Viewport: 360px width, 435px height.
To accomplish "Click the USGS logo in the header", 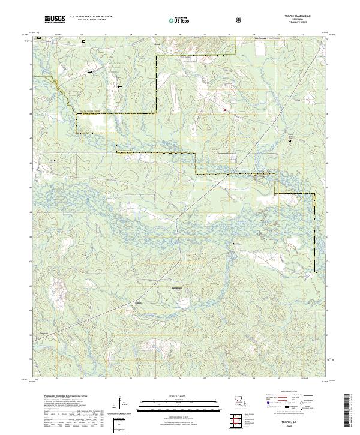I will pyautogui.click(x=55, y=19).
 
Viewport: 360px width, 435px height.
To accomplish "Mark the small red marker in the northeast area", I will pyautogui.click(x=225, y=110).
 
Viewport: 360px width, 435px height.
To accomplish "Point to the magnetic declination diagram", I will pyautogui.click(x=122, y=404).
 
